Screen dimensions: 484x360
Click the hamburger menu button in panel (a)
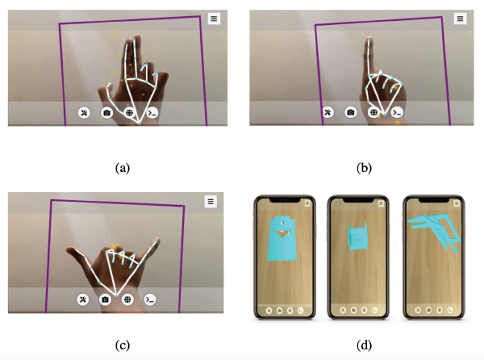[214, 19]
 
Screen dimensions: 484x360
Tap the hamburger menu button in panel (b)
[460, 19]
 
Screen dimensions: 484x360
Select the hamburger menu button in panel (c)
[211, 201]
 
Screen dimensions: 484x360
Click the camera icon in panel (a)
[106, 113]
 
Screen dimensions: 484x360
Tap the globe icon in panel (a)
[130, 113]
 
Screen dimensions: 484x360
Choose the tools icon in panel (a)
[84, 113]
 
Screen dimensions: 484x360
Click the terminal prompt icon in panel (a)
[152, 113]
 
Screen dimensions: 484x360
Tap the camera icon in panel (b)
[351, 112]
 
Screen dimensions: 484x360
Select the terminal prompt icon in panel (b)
[397, 112]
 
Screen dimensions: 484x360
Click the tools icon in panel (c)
[83, 299]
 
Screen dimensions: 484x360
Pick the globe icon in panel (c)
[127, 299]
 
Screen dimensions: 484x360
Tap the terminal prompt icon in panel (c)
[150, 299]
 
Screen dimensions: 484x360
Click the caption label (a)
[123, 168]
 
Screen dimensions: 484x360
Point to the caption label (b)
[365, 168]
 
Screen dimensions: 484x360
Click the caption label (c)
[123, 345]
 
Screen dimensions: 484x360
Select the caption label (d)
[365, 345]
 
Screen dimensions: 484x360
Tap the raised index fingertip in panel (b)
[369, 40]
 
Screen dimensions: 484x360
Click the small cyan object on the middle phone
[357, 236]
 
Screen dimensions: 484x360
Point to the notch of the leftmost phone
[285, 200]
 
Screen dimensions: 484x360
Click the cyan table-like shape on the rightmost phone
[435, 232]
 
